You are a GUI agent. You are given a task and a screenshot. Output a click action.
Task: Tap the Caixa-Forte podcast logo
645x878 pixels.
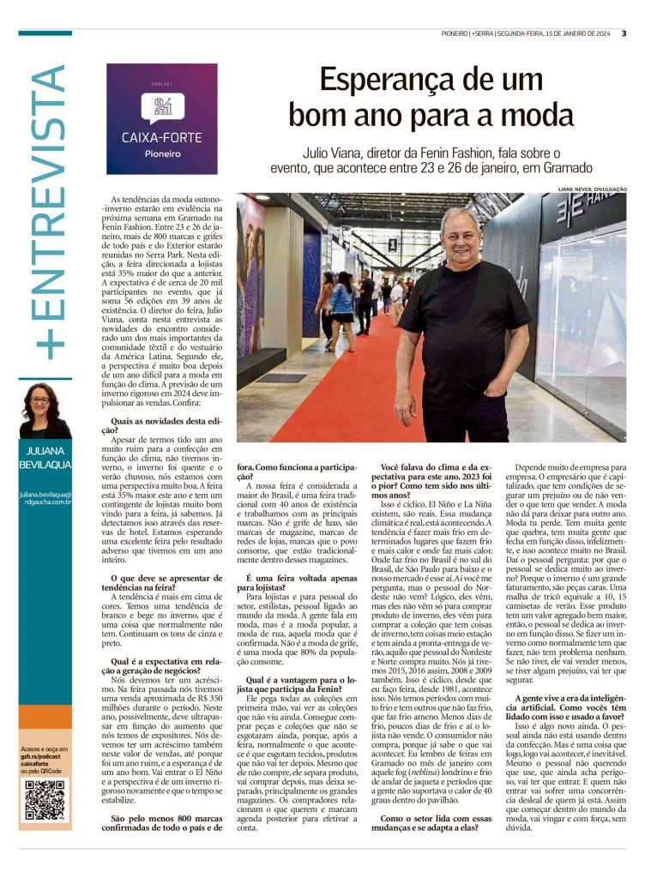pyautogui.click(x=162, y=118)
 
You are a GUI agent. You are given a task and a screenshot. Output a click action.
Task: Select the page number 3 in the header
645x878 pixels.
pyautogui.click(x=624, y=33)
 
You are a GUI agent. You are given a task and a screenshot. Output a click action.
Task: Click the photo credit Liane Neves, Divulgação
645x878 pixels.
pyautogui.click(x=591, y=189)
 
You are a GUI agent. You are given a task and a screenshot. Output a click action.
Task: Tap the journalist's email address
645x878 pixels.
pyautogui.click(x=45, y=500)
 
